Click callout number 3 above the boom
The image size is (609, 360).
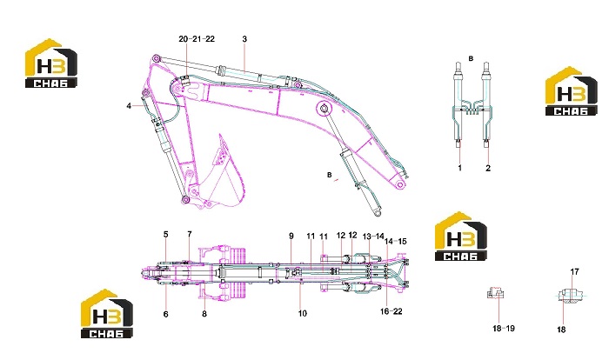tap(244, 39)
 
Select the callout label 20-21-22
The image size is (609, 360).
tap(197, 39)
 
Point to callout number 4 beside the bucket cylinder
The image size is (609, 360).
tap(129, 105)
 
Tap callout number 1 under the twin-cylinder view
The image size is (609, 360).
tap(460, 168)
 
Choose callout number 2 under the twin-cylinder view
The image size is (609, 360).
tap(488, 168)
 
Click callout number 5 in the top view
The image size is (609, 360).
tap(166, 235)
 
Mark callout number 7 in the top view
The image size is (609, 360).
tap(190, 234)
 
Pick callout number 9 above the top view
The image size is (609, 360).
tap(291, 236)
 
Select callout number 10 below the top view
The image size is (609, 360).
tap(303, 313)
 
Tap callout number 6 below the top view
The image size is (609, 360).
tap(166, 314)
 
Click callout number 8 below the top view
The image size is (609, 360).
tap(204, 314)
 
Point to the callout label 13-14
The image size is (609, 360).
tap(373, 237)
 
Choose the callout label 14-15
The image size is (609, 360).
tap(395, 241)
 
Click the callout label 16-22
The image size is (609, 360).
tap(391, 311)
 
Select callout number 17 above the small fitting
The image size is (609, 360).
tap(574, 272)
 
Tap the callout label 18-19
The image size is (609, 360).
tap(504, 328)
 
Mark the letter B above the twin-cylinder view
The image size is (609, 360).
tap(472, 58)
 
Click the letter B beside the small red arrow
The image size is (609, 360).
tap(330, 175)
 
